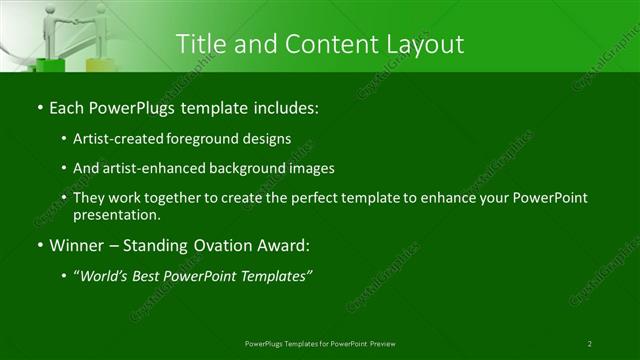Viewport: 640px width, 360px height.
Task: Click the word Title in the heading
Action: tap(200, 44)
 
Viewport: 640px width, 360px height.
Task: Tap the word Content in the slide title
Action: tap(326, 44)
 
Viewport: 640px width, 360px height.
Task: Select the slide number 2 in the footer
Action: tap(590, 343)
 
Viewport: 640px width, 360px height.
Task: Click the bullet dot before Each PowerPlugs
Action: tap(39, 106)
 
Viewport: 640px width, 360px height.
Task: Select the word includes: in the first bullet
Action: tap(288, 106)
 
